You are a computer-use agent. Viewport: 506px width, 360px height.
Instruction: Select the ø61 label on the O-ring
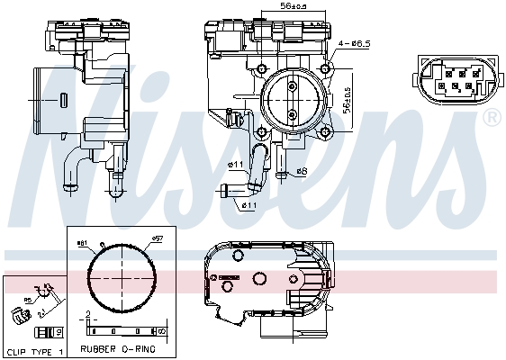point(82,242)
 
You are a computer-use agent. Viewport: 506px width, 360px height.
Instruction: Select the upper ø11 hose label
point(236,164)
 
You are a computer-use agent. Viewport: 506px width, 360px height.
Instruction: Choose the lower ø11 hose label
point(249,204)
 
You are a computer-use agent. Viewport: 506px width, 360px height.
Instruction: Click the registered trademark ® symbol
point(492,118)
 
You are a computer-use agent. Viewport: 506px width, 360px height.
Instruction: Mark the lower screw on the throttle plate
point(293,114)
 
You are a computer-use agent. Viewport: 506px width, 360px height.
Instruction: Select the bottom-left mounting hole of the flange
point(261,131)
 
